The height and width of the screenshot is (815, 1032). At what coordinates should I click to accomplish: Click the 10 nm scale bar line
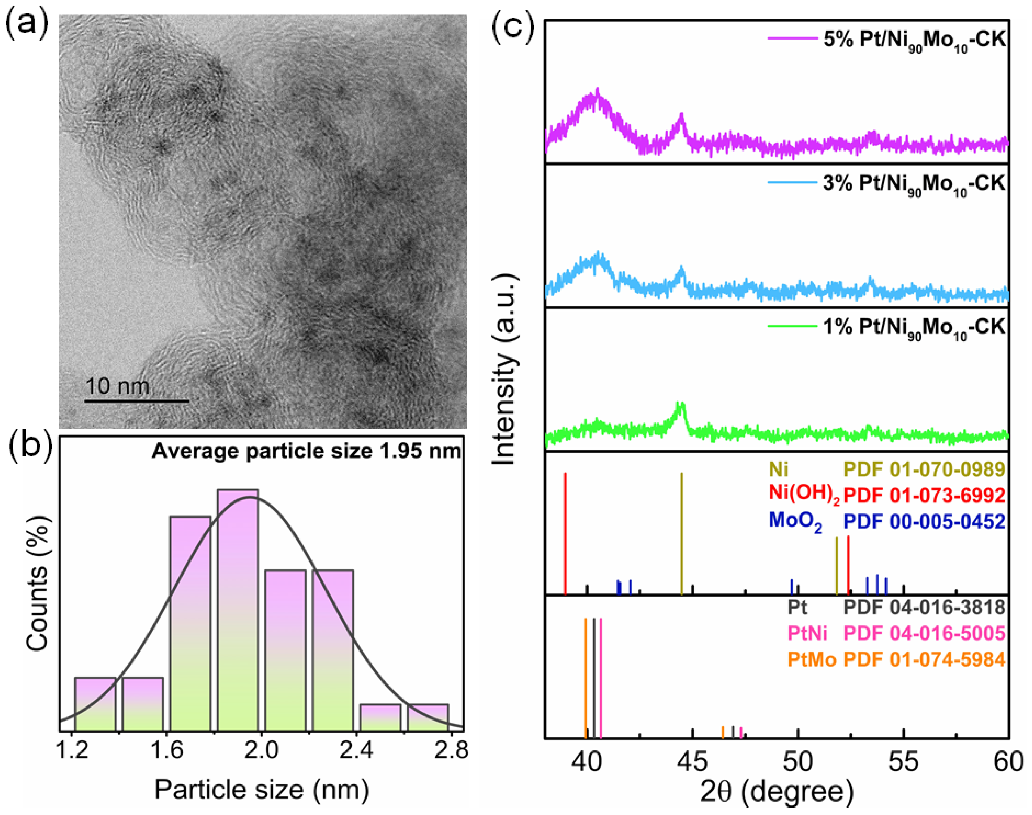point(137,401)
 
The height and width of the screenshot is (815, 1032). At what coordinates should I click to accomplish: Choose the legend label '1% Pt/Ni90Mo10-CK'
point(914,327)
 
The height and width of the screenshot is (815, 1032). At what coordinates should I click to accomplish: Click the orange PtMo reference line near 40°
point(585,678)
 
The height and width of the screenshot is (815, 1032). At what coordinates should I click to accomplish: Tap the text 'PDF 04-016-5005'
point(924,633)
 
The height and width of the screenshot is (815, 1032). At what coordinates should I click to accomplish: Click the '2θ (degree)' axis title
point(776,791)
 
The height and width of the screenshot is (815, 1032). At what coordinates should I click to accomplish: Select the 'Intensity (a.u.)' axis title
point(505,370)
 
